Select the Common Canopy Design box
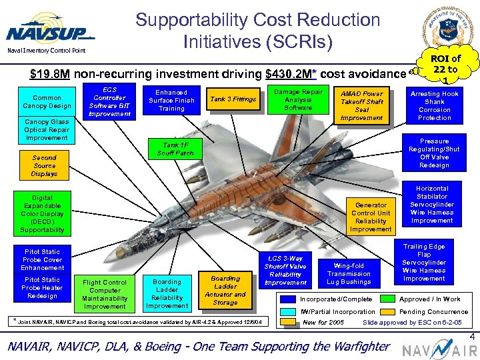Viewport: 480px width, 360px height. click(47, 101)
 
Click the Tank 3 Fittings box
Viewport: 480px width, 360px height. click(233, 99)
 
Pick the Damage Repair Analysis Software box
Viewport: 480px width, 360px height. click(298, 99)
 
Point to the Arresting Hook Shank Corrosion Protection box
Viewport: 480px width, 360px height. click(434, 105)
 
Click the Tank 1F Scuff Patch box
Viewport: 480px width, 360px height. click(175, 149)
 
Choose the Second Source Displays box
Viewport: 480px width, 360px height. click(44, 165)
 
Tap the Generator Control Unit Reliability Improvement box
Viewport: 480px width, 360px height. click(371, 217)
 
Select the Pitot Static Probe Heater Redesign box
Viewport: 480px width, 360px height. click(42, 287)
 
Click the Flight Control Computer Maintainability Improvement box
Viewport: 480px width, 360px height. click(105, 294)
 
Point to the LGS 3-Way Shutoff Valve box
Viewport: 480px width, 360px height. click(285, 270)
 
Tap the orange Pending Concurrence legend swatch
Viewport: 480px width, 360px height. click(387, 311)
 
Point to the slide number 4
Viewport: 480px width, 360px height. click(471, 338)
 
